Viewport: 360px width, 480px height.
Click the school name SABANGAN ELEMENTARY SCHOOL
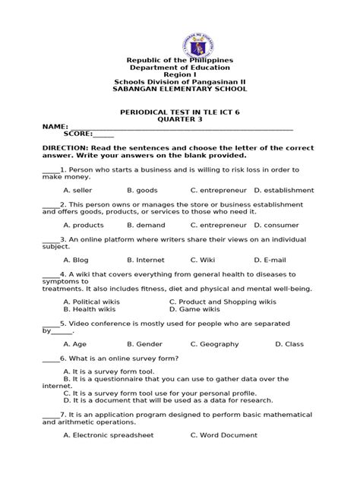tap(179, 89)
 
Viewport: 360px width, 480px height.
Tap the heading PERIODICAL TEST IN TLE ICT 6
tap(180, 111)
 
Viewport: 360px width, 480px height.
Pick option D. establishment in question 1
tap(283, 190)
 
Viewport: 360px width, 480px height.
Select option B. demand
tap(146, 226)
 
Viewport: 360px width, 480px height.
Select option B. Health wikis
tap(90, 310)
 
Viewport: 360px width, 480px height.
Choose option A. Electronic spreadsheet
tap(109, 435)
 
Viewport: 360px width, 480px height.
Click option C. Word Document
tap(225, 435)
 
